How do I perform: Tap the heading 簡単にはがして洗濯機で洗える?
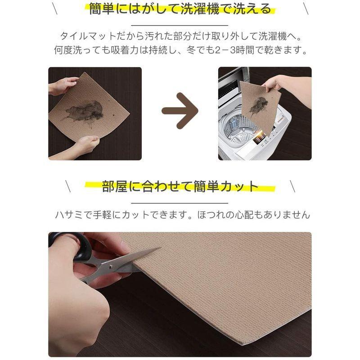[180, 9]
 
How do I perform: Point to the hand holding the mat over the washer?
[279, 83]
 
